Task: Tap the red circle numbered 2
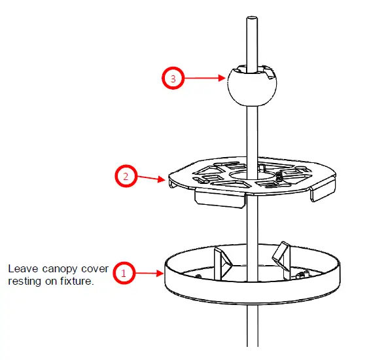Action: coord(126,176)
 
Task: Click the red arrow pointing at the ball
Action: coord(205,79)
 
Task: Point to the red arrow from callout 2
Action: coord(152,177)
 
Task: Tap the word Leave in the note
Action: coord(21,268)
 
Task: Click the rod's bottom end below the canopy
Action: coord(252,340)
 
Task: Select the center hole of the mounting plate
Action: coord(252,176)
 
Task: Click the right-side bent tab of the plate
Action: coord(320,192)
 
